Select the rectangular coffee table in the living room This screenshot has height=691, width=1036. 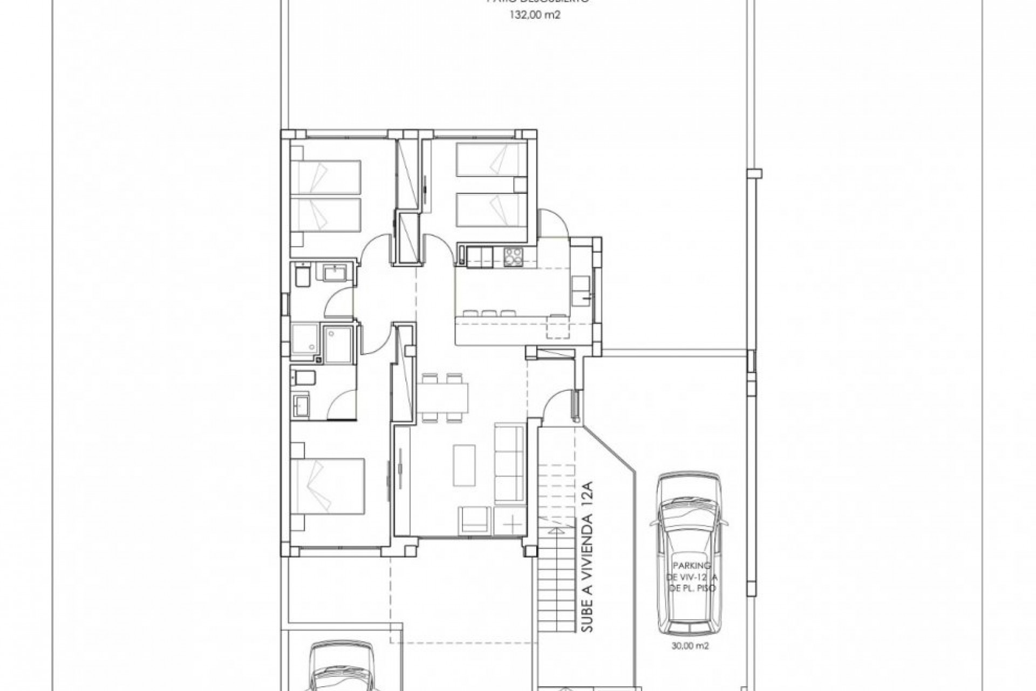pyautogui.click(x=464, y=465)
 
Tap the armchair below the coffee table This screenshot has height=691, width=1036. pyautogui.click(x=475, y=520)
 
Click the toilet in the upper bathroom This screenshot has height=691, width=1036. pyautogui.click(x=300, y=277)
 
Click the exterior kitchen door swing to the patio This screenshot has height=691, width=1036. pyautogui.click(x=556, y=222)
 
